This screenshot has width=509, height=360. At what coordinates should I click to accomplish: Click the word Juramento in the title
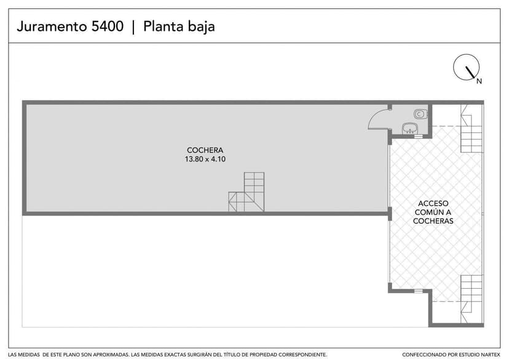54,26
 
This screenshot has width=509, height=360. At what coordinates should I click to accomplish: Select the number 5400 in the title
108,26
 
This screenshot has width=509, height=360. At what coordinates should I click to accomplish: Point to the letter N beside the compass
479,81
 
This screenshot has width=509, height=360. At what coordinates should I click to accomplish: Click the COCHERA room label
205,150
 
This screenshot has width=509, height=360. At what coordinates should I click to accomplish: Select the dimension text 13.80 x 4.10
205,159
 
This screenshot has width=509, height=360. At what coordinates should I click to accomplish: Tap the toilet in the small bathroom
420,113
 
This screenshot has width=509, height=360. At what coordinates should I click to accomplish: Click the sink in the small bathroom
410,128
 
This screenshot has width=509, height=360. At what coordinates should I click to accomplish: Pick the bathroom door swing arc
377,119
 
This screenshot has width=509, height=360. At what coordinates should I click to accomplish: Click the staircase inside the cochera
248,193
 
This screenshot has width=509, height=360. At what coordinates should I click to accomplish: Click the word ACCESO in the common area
433,203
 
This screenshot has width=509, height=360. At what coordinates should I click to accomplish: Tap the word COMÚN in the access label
433,212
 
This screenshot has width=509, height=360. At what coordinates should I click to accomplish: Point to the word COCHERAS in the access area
433,221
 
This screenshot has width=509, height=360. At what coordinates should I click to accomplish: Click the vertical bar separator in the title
133,26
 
